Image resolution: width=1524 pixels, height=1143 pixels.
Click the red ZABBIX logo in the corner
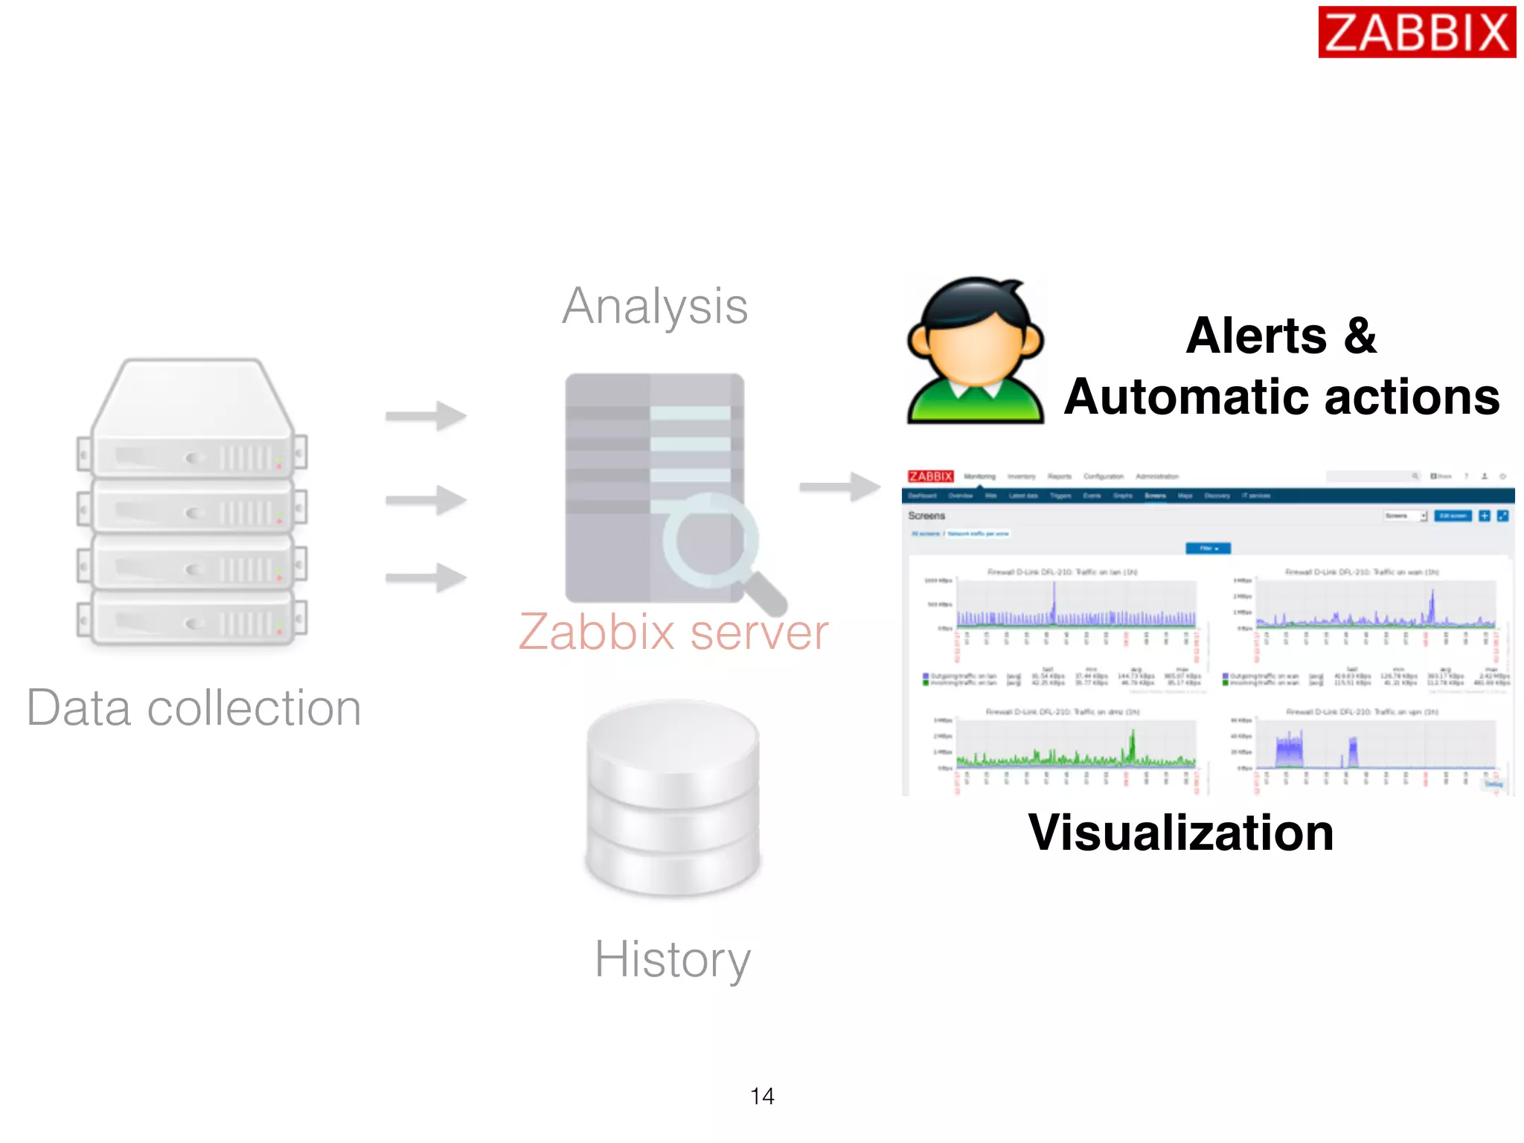[x=1416, y=32]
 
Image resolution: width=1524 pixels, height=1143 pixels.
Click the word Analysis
[x=655, y=306]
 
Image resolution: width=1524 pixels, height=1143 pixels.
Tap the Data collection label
[x=194, y=708]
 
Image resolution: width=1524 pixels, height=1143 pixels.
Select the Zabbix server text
[x=673, y=633]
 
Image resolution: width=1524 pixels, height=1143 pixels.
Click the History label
[x=673, y=958]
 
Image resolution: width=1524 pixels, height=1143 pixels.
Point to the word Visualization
[x=1181, y=832]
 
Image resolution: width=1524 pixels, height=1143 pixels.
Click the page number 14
[x=762, y=1096]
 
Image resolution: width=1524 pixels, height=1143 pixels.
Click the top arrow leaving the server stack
[x=426, y=415]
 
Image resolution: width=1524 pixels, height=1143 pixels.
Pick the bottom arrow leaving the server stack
[x=426, y=577]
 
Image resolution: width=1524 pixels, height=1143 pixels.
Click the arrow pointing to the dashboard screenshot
[x=840, y=487]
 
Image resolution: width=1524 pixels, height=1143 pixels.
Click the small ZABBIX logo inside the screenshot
[x=930, y=476]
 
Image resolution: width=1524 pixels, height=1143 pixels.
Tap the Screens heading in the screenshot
[x=926, y=516]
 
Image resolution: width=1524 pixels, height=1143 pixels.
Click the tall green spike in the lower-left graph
[x=1133, y=744]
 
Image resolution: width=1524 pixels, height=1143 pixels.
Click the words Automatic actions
[x=1281, y=397]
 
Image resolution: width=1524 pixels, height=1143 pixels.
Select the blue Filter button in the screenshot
[x=1208, y=548]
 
